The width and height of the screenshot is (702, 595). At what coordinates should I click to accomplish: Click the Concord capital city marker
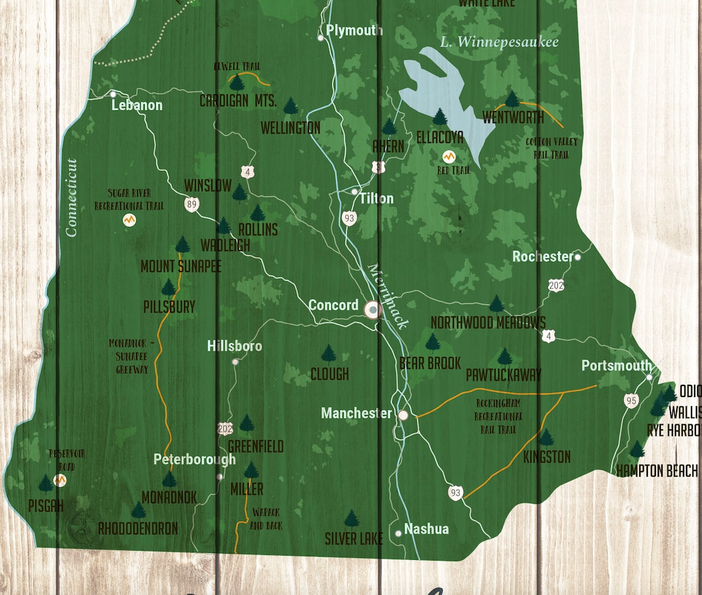[x=373, y=310]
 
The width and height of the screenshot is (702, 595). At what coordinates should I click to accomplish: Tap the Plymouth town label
[x=354, y=30]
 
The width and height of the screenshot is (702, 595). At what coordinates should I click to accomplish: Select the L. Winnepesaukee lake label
[x=499, y=42]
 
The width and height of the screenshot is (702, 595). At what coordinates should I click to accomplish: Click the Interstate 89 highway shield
[x=193, y=205]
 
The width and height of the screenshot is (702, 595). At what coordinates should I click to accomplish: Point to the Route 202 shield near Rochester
[x=555, y=285]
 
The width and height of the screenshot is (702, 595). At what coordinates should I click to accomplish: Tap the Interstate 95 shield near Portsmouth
[x=631, y=401]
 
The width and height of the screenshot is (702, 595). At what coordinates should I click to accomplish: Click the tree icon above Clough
[x=329, y=354]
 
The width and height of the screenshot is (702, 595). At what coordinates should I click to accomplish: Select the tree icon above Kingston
[x=546, y=438]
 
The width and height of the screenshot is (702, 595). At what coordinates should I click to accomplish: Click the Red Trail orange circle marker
[x=449, y=157]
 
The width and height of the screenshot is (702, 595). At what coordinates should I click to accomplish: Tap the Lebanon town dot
[x=113, y=94]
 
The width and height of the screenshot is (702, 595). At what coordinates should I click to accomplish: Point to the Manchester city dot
[x=403, y=415]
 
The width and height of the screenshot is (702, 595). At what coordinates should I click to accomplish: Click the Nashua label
[x=426, y=529]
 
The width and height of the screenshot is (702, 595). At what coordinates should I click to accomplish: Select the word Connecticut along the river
[x=71, y=197]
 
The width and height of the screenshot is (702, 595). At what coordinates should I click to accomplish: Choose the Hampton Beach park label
[x=657, y=471]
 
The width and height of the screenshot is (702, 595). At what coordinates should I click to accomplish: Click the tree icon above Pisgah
[x=46, y=483]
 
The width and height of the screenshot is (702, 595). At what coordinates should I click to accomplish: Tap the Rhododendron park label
[x=138, y=528]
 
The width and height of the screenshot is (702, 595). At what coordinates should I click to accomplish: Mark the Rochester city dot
[x=578, y=257]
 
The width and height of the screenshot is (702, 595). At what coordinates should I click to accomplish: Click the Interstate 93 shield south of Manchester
[x=455, y=491]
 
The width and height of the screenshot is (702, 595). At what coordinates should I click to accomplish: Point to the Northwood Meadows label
[x=488, y=322]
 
